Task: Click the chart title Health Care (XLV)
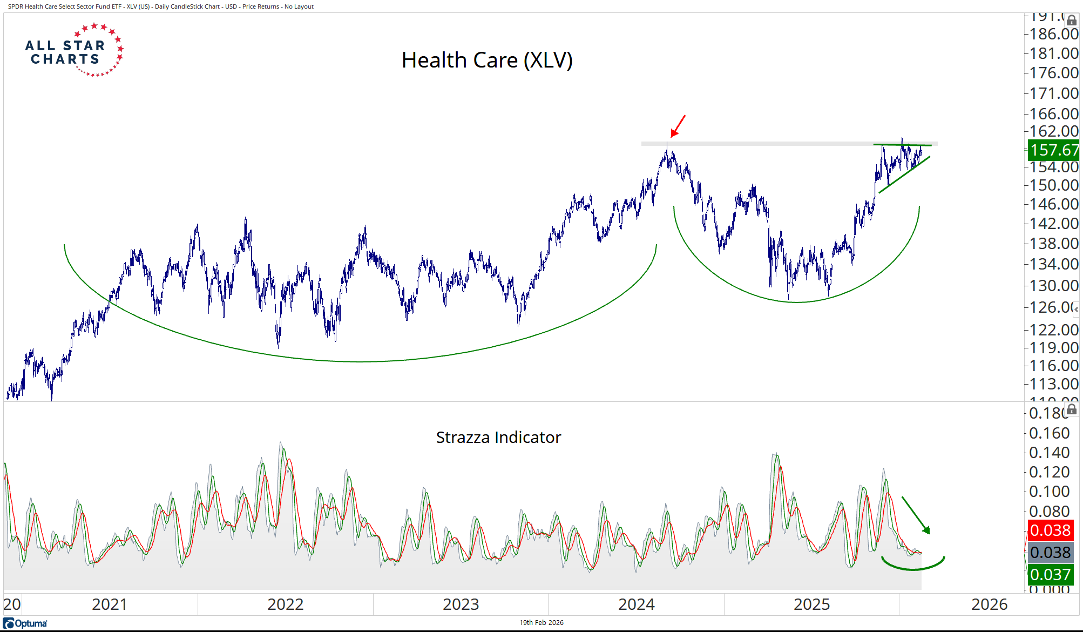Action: coord(487,60)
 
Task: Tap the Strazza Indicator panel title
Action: coord(498,437)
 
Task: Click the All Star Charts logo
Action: coord(75,50)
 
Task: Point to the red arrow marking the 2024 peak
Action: coord(678,126)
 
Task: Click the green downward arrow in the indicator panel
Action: coord(916,515)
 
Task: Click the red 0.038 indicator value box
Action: coord(1050,530)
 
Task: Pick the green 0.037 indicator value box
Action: coord(1050,575)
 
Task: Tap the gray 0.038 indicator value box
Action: coord(1050,553)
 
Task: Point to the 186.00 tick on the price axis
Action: coord(1053,34)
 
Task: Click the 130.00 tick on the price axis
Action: coord(1053,285)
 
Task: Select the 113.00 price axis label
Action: coord(1053,384)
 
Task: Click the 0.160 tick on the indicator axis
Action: coord(1049,433)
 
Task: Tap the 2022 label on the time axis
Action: coord(285,604)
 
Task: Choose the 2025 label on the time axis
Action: coord(811,604)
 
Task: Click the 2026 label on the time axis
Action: coord(989,604)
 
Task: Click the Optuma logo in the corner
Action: coord(25,623)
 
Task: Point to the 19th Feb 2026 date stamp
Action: coord(541,623)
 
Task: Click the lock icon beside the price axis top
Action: coord(1072,21)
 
